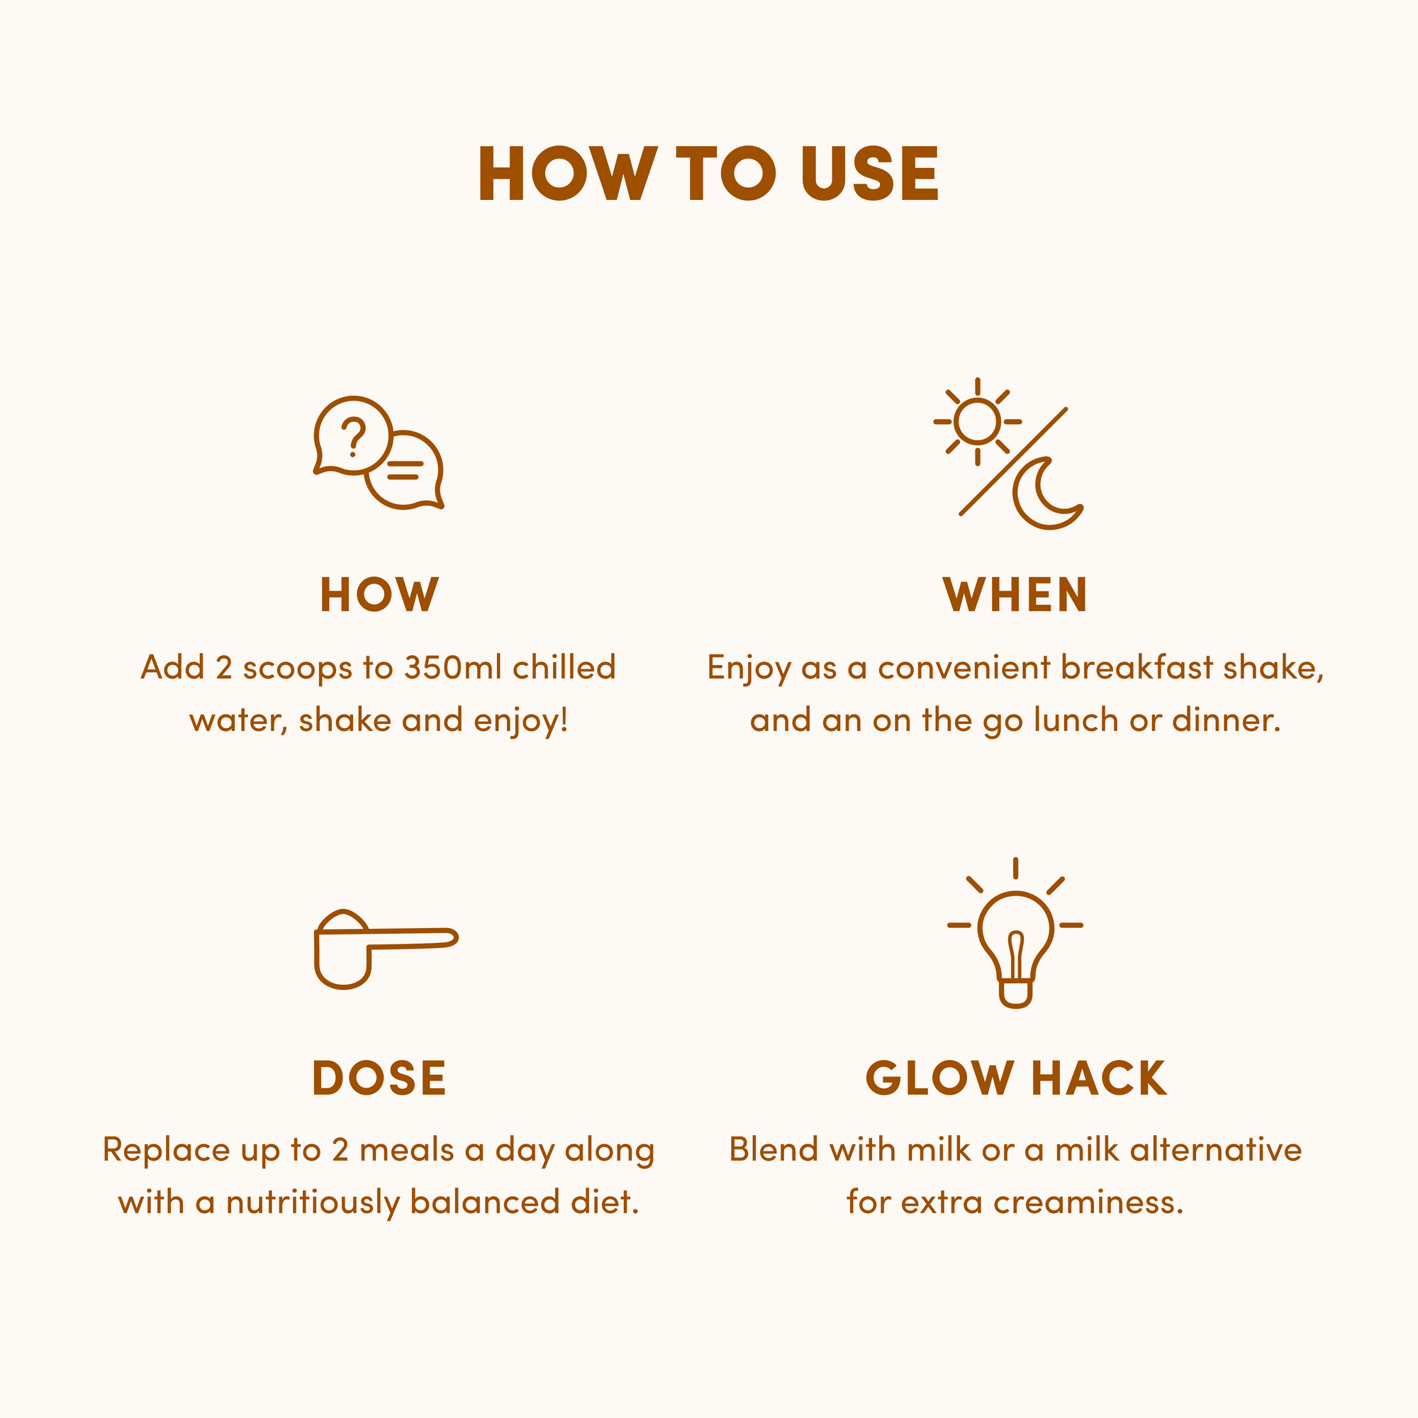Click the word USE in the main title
[x=869, y=173]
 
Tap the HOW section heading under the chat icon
[x=379, y=595]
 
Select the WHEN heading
[x=1015, y=595]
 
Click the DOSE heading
[x=379, y=1078]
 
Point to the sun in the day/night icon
[x=978, y=422]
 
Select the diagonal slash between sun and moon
[x=1014, y=461]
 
